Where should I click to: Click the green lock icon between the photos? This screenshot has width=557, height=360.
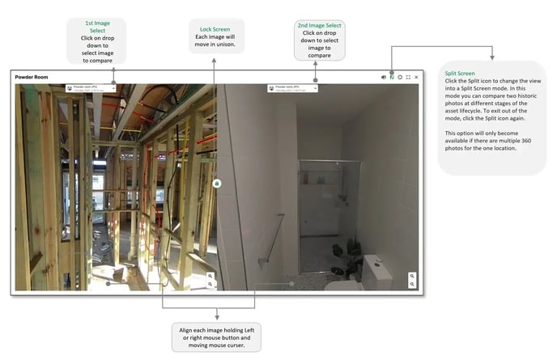click(217, 184)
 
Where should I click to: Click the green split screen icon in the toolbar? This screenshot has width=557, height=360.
click(392, 77)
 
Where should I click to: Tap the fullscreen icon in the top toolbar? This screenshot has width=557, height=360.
click(408, 77)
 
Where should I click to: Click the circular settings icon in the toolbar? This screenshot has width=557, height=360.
click(400, 77)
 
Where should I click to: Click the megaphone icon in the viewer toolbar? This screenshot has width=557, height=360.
click(384, 77)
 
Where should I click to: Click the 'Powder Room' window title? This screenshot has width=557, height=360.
click(28, 76)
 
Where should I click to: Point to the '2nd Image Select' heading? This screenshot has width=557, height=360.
click(321, 26)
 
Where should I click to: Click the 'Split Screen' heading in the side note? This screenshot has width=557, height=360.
click(460, 73)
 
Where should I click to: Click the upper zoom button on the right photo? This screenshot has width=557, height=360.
click(412, 276)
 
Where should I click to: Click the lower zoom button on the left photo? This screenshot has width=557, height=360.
click(210, 284)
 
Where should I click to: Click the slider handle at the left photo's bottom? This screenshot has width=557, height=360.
click(108, 283)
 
